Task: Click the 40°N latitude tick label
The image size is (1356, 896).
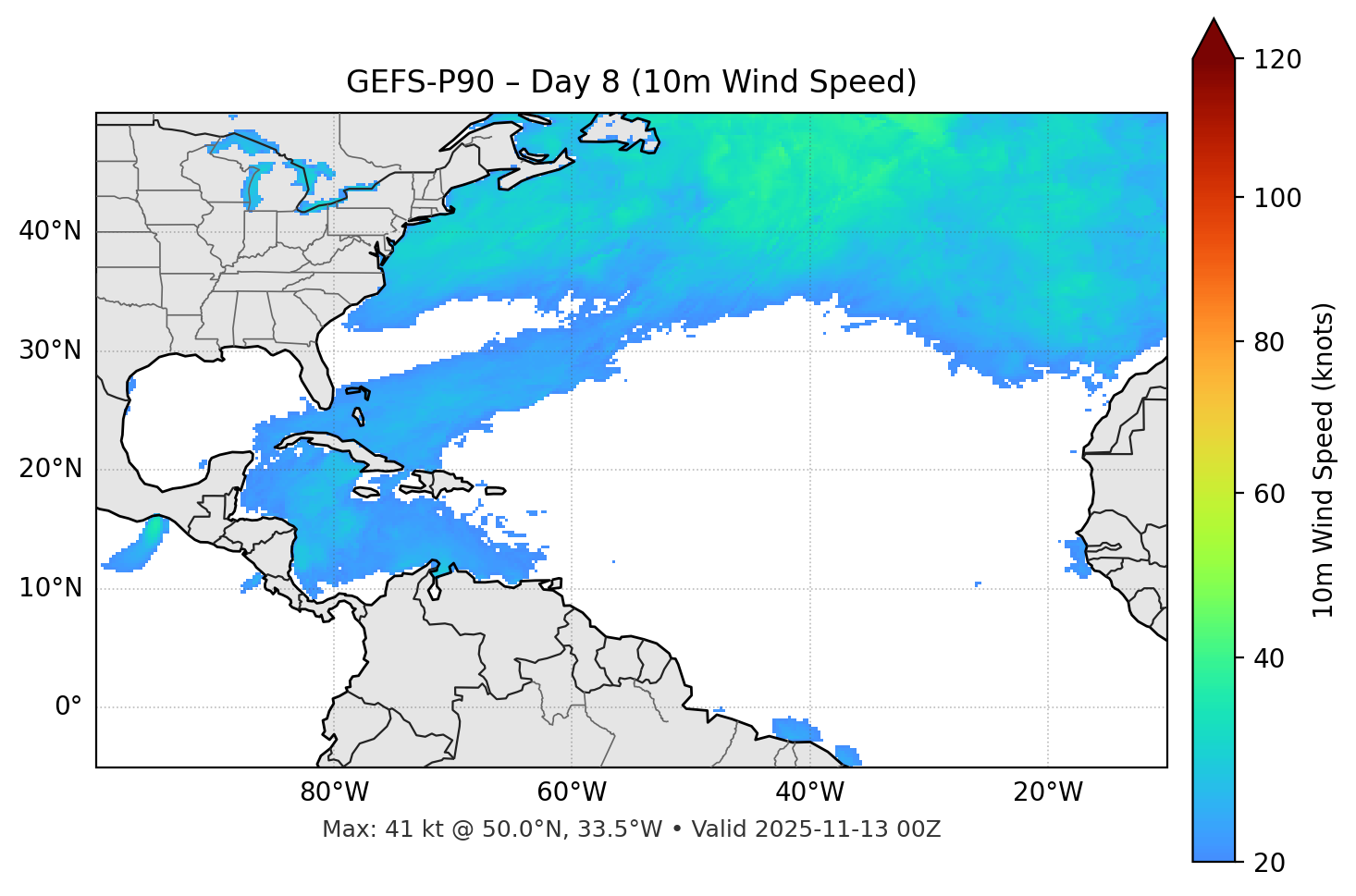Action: [50, 231]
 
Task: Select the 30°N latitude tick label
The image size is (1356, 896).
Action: [50, 350]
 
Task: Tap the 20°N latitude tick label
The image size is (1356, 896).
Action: [50, 469]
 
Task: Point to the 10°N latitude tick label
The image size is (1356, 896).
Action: [50, 588]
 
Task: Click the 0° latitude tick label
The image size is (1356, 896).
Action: [68, 707]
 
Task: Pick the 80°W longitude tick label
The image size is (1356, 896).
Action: [334, 792]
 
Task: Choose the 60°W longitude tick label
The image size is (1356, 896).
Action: [572, 792]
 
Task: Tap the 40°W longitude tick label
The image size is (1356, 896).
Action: [810, 792]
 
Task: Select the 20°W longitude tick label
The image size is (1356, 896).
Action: [1048, 792]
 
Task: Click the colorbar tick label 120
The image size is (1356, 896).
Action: [1277, 60]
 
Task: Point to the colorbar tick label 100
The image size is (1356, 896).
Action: [1277, 198]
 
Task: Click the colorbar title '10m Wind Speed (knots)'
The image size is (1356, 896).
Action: [1324, 460]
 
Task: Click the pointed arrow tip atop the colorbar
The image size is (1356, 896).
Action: [1214, 22]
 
